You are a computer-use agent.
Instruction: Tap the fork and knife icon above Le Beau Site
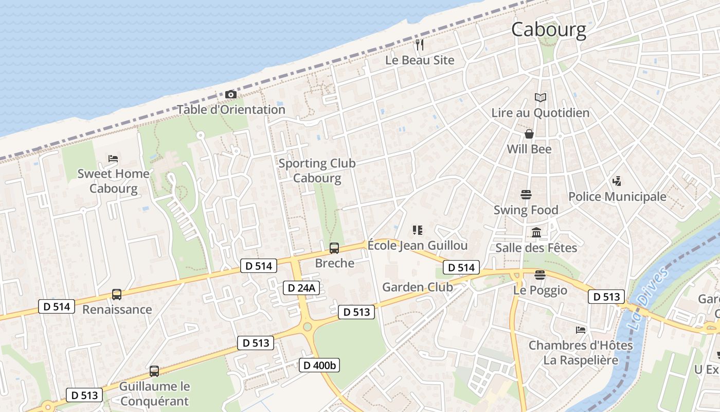[x=420, y=45]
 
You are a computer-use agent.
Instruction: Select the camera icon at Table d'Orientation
[x=231, y=94]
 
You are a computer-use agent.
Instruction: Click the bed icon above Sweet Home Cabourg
[x=113, y=158]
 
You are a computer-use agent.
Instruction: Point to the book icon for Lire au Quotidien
[x=540, y=97]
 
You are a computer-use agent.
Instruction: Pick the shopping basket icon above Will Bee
[x=529, y=134]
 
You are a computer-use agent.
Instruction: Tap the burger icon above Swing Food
[x=526, y=195]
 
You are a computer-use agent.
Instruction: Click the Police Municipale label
[x=617, y=196]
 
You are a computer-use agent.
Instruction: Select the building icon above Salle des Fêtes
[x=536, y=233]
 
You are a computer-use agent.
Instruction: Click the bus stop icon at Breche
[x=334, y=248]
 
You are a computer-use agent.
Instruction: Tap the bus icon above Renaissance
[x=117, y=295]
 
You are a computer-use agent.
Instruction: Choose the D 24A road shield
[x=301, y=288]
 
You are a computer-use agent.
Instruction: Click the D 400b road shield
[x=319, y=365]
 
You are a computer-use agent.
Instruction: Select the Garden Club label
[x=418, y=287]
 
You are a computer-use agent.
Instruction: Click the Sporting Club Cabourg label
[x=317, y=170]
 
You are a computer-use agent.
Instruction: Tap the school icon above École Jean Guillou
[x=418, y=230]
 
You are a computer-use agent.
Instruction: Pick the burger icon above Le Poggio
[x=539, y=275]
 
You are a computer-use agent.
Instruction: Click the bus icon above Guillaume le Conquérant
[x=154, y=371]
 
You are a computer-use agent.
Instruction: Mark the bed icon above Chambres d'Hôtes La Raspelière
[x=581, y=330]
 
